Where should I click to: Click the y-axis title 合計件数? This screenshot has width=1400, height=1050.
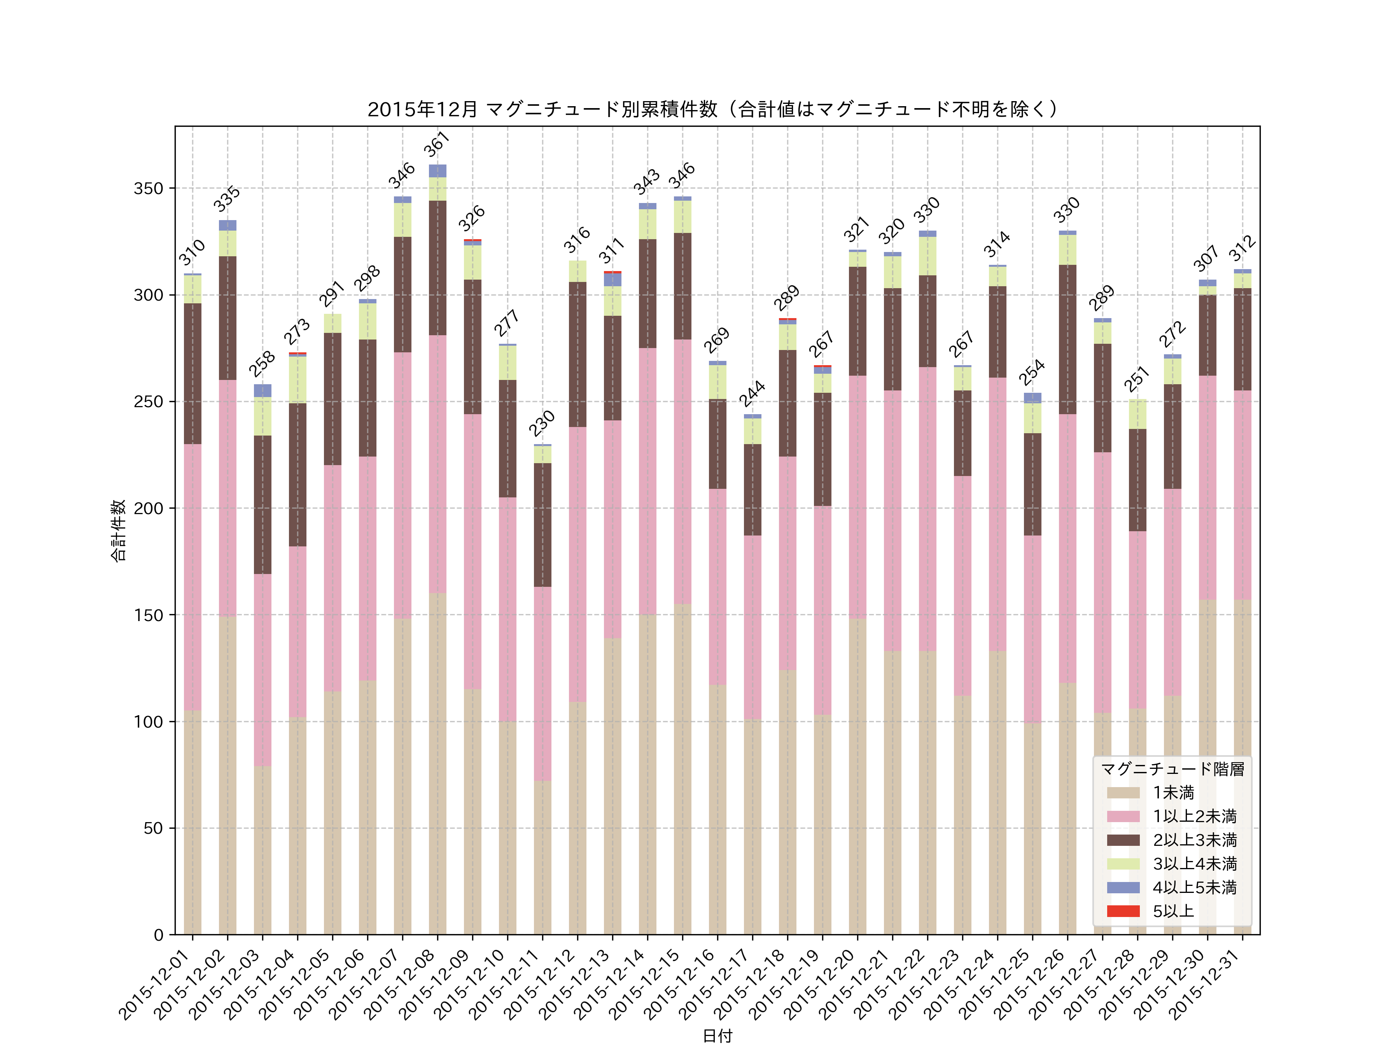[118, 530]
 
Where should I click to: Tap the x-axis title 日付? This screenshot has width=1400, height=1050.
[717, 1036]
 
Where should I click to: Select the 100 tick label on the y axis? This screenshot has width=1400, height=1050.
[148, 721]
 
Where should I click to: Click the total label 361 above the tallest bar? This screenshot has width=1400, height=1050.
[437, 144]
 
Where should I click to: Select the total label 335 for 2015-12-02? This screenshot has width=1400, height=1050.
[227, 199]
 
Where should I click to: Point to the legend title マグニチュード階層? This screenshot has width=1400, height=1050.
[1172, 769]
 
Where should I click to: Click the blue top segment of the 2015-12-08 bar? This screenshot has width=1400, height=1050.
[437, 171]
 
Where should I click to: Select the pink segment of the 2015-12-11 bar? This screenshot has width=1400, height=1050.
[542, 684]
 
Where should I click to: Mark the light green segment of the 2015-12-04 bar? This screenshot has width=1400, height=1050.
[297, 380]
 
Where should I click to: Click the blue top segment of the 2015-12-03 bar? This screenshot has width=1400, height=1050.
[262, 390]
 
